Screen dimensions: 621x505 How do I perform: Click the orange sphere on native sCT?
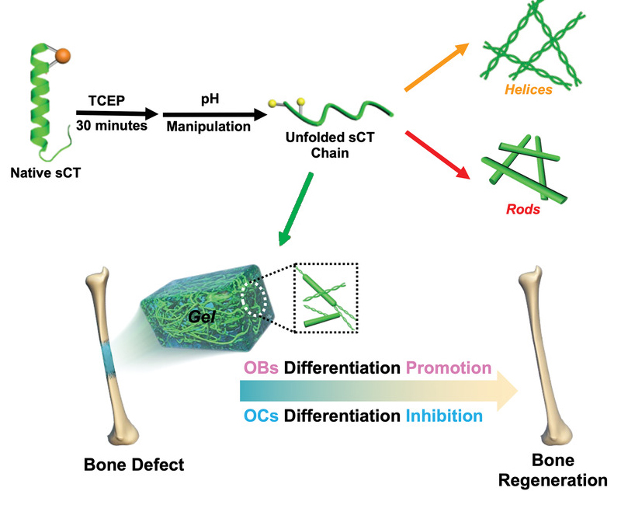click(x=63, y=55)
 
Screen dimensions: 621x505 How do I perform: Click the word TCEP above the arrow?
click(x=106, y=101)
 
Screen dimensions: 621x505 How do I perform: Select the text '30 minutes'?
click(x=112, y=126)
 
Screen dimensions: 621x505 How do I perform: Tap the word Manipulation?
click(x=208, y=127)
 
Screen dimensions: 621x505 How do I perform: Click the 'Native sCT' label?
click(x=46, y=172)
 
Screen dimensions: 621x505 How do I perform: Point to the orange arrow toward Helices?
click(x=436, y=67)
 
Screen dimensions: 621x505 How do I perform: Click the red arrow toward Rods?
click(x=438, y=155)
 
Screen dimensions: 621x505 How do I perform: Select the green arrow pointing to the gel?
click(x=296, y=209)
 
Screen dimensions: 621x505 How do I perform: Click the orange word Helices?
click(x=529, y=89)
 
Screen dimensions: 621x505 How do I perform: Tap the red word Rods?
click(x=522, y=209)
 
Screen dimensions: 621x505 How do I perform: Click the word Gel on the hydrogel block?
click(x=202, y=317)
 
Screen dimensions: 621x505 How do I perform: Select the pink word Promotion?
click(x=449, y=367)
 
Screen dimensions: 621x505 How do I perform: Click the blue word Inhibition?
click(x=444, y=416)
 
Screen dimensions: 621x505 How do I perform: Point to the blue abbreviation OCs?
click(x=261, y=416)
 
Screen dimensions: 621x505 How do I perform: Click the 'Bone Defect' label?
click(x=134, y=465)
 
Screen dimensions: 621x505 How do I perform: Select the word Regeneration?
click(x=553, y=480)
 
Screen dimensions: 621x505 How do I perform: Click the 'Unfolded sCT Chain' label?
click(x=330, y=145)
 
